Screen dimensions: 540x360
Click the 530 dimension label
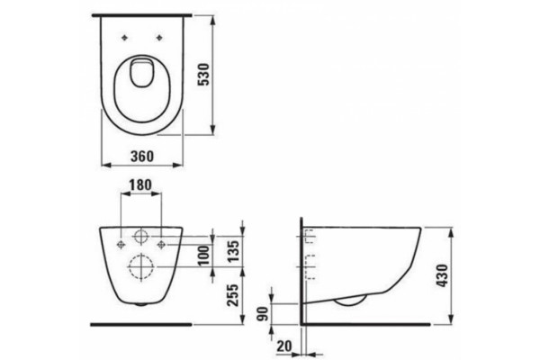coord(204,75)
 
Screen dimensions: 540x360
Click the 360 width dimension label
coord(142,156)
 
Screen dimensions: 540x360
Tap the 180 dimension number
coord(140,185)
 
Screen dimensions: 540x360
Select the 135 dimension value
coord(234,250)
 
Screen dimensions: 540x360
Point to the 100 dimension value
coord(204,255)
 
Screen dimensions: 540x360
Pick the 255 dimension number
coord(234,295)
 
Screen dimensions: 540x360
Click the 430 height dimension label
coord(442,275)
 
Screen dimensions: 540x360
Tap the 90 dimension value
coord(263,313)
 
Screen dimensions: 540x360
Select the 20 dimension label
coord(284,346)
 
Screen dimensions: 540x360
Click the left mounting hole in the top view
coord(125,38)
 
